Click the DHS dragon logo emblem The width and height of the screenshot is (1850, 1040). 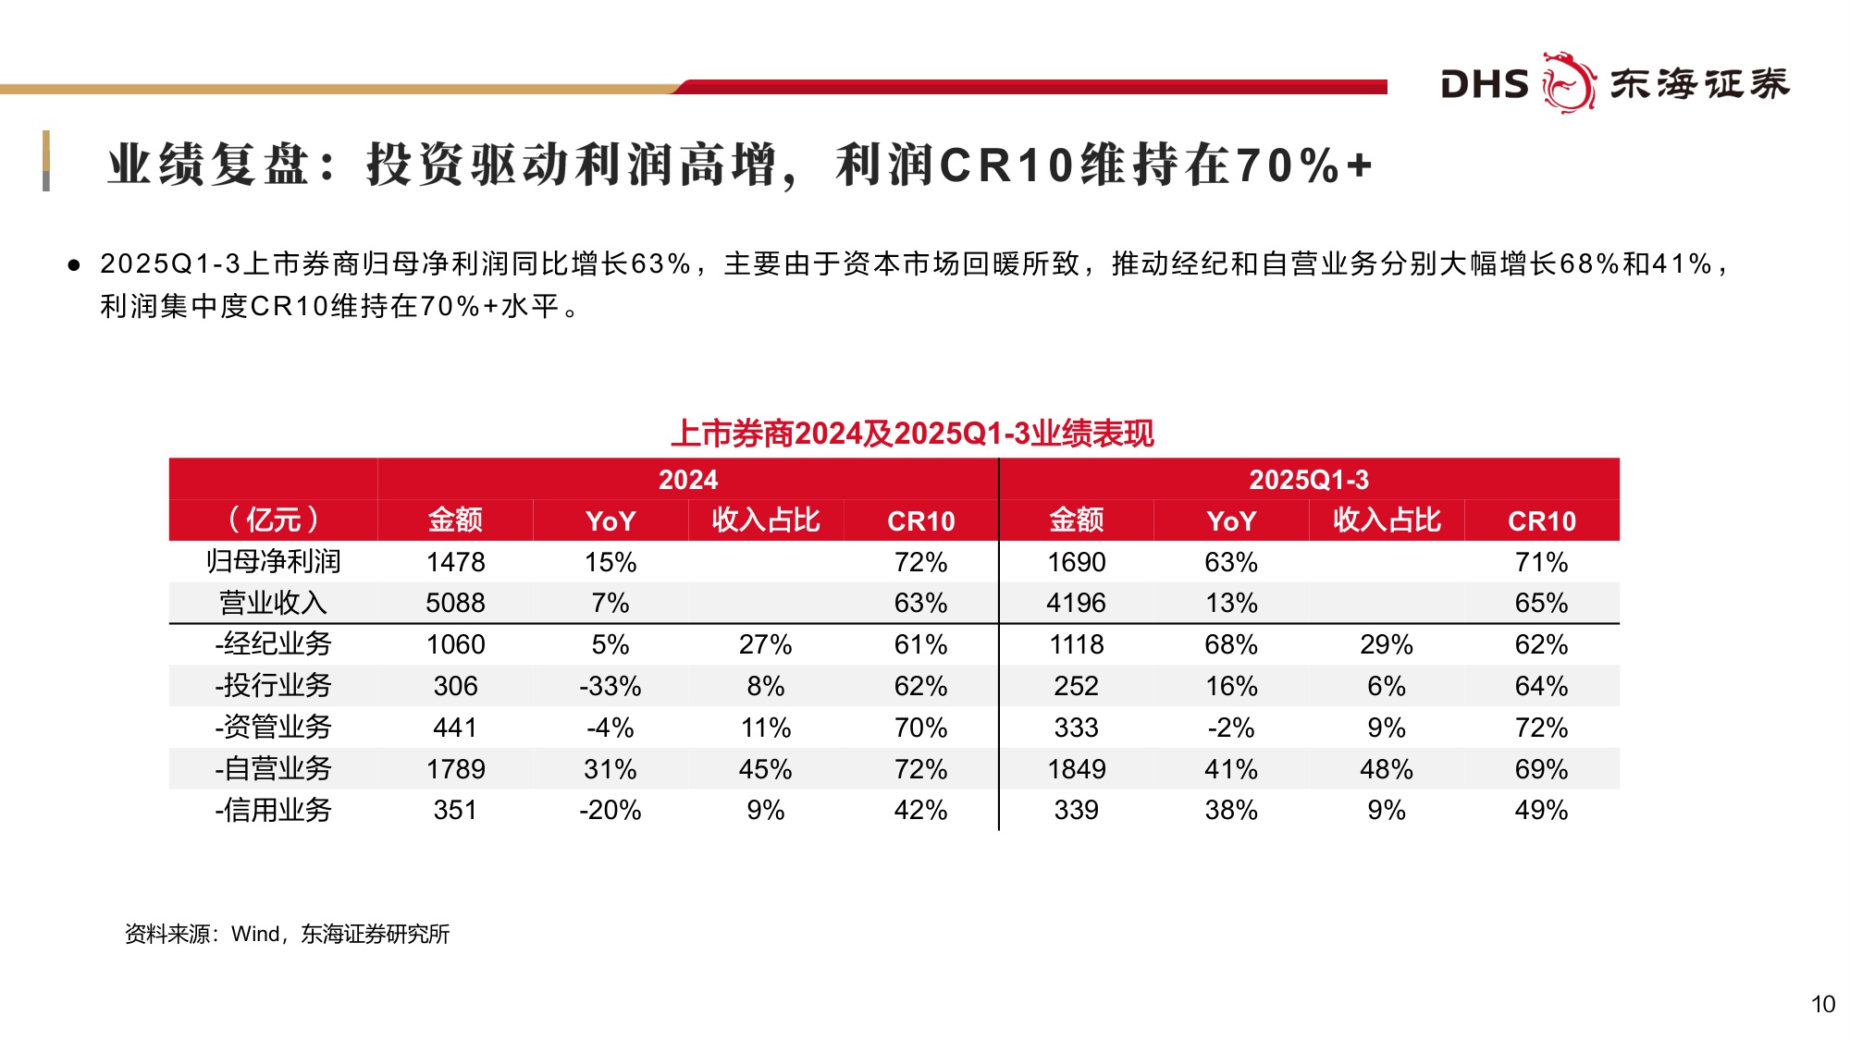click(x=1569, y=82)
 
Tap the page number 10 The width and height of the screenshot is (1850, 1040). click(x=1822, y=1005)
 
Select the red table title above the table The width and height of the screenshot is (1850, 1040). click(x=912, y=434)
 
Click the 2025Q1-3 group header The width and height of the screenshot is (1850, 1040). click(x=1309, y=480)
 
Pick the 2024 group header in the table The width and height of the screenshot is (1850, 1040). click(x=688, y=480)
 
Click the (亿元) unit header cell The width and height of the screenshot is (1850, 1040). click(x=273, y=520)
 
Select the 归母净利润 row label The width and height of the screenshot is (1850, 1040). click(x=273, y=561)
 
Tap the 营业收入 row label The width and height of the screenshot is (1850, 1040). click(x=273, y=603)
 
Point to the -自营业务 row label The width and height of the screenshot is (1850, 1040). click(x=273, y=768)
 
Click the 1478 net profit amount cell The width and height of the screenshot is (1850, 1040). click(x=455, y=562)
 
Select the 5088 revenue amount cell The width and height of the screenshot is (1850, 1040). click(x=455, y=603)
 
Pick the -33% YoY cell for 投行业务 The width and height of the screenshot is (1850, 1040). click(x=610, y=686)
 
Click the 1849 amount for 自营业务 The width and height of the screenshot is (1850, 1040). click(x=1076, y=769)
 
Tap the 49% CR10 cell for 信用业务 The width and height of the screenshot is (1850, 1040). click(x=1541, y=811)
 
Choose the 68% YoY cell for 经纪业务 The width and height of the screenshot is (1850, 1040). click(x=1231, y=644)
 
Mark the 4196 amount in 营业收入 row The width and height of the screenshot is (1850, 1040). click(x=1076, y=603)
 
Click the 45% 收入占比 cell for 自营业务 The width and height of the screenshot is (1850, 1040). click(x=765, y=769)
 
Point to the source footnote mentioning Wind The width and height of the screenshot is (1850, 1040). click(x=287, y=934)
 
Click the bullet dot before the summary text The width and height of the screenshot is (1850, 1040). click(x=74, y=265)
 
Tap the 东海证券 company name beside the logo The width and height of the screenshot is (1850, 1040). click(x=1700, y=84)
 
